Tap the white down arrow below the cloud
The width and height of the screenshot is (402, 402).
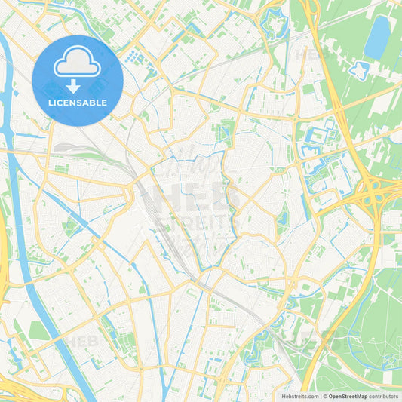[78, 85]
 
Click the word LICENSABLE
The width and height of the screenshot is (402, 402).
[78, 102]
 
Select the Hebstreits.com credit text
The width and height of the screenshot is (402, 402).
[299, 396]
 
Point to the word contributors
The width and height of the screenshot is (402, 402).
[383, 396]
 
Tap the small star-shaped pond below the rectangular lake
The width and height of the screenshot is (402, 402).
[358, 72]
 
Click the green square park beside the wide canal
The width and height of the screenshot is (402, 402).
[38, 330]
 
